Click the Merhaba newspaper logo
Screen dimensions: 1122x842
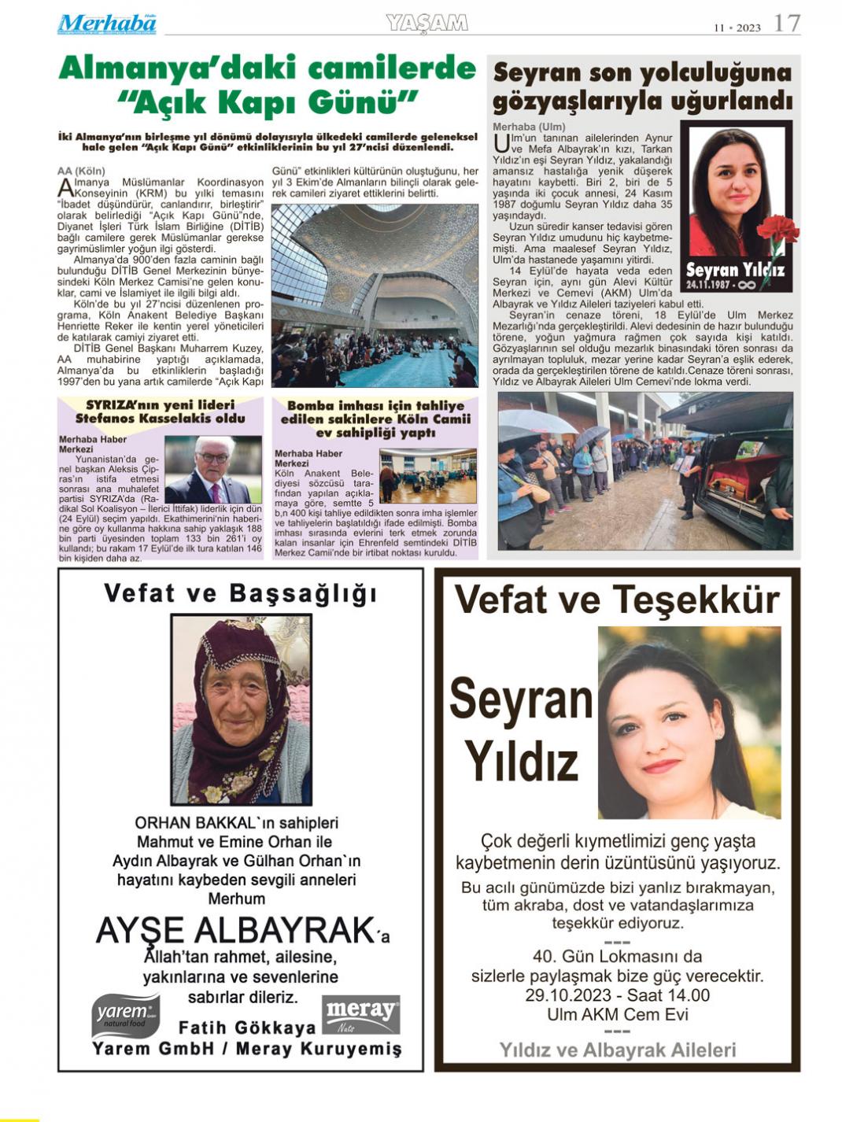[106, 24]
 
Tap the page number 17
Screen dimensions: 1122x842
[786, 24]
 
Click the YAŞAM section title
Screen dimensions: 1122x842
[427, 24]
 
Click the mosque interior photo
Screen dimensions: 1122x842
[375, 295]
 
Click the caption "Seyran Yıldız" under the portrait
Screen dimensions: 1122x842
[734, 271]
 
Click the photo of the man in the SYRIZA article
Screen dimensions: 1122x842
[212, 469]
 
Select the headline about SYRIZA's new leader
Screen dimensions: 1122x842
[161, 412]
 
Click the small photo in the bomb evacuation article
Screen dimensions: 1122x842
[427, 475]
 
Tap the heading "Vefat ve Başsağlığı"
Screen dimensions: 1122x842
[240, 593]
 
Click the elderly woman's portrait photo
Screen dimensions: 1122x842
[242, 710]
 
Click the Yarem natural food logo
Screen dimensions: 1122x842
[125, 1015]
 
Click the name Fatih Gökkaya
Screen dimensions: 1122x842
[247, 1028]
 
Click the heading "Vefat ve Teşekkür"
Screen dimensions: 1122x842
[617, 600]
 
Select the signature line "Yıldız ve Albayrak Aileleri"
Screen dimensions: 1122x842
[618, 1050]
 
